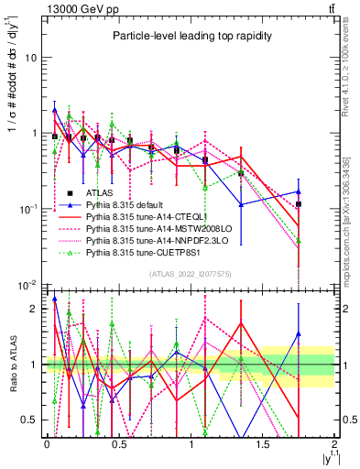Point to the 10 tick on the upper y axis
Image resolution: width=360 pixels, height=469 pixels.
(x=29, y=57)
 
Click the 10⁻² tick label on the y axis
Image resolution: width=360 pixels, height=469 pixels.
(x=28, y=285)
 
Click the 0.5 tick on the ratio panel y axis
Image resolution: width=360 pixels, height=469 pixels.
(x=28, y=420)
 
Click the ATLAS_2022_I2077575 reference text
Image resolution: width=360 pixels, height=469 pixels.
(x=190, y=274)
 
